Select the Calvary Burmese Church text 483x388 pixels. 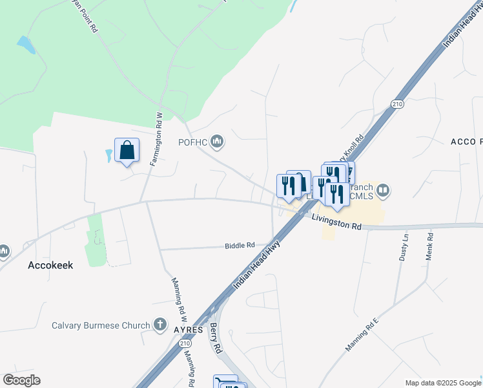click(x=101, y=325)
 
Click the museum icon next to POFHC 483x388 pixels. click(x=217, y=141)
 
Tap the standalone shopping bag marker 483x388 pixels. click(x=127, y=151)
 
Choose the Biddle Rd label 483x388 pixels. click(x=240, y=246)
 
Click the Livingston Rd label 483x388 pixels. click(x=336, y=222)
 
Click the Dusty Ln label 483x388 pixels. click(x=406, y=248)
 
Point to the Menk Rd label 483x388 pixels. click(x=429, y=247)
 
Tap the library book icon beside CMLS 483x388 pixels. click(x=384, y=190)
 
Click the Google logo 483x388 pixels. click(x=21, y=380)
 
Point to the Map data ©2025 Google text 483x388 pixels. click(x=442, y=383)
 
